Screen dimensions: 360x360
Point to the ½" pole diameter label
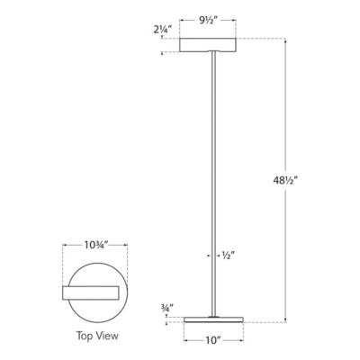(x=229, y=255)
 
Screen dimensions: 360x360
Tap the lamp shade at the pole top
(x=211, y=45)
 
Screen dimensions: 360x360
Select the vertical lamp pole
(x=211, y=180)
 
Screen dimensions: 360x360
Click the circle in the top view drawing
(x=94, y=310)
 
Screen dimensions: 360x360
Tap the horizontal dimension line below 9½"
(x=211, y=25)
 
